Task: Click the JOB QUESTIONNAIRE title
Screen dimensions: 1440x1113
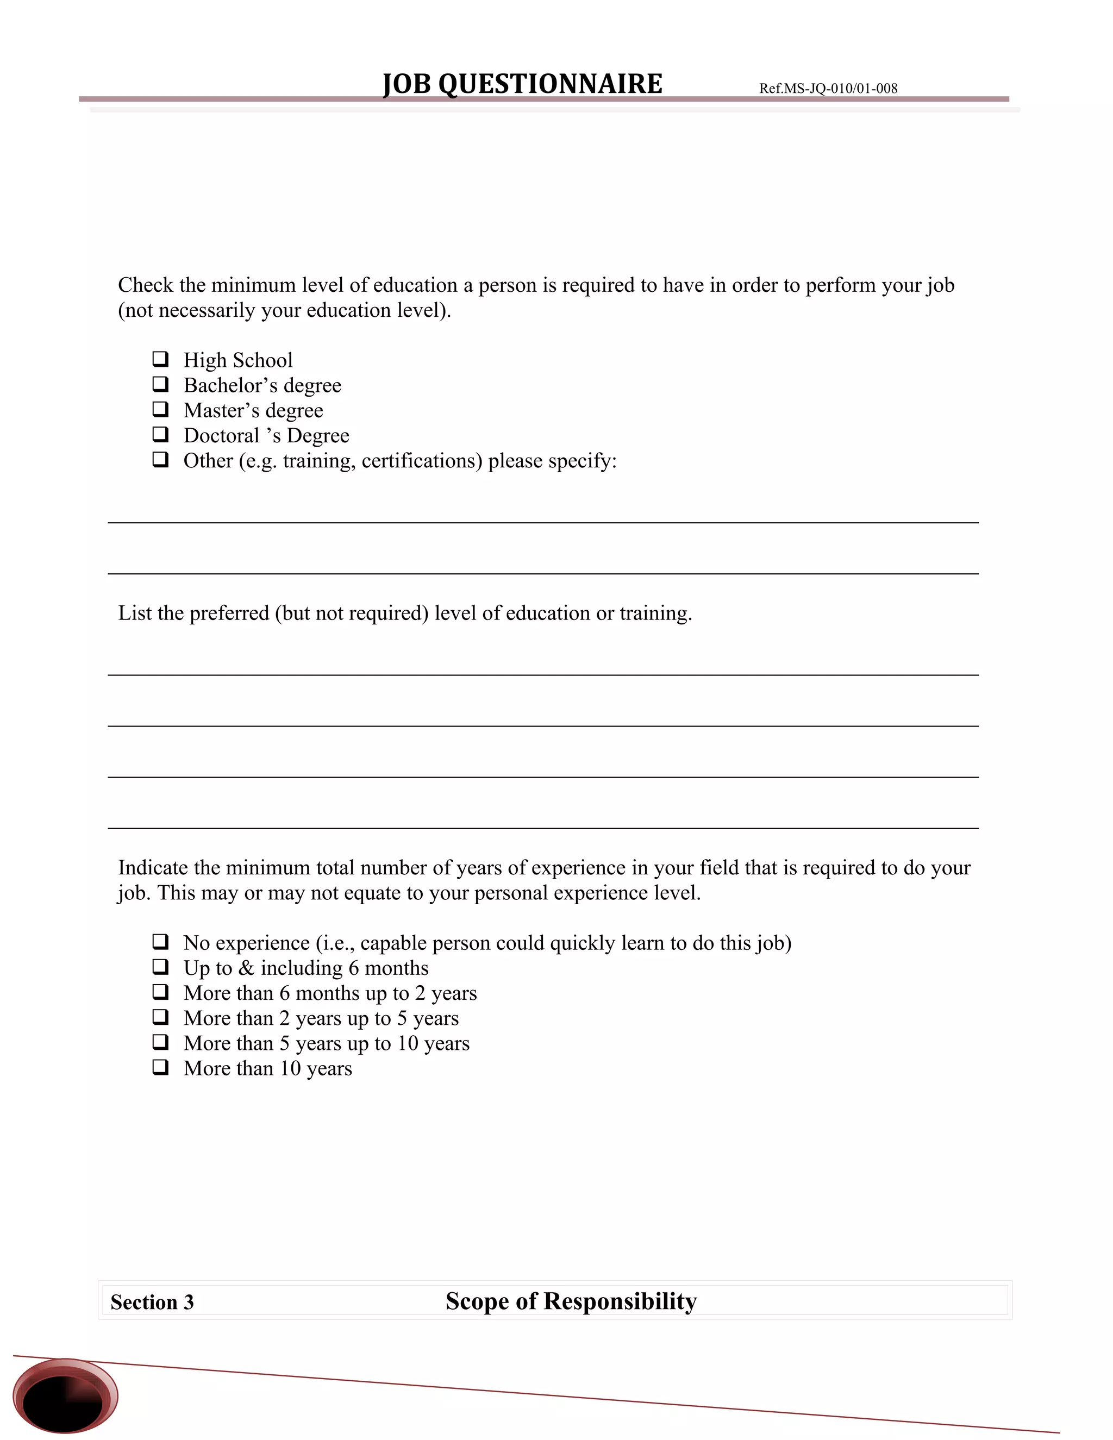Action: coord(522,84)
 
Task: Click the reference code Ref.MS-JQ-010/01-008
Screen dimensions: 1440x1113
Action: coord(828,89)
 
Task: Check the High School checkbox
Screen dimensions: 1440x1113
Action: coord(160,359)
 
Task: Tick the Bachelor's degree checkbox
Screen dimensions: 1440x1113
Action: coord(160,384)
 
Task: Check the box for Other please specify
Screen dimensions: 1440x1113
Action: coord(160,459)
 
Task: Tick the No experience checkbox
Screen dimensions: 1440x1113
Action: coord(160,942)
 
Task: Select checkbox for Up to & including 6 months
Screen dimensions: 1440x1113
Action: coord(160,967)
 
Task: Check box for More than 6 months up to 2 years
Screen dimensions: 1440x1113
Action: coord(160,992)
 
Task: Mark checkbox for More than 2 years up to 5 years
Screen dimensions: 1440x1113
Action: coord(160,1017)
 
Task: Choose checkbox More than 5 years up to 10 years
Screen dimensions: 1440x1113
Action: coord(160,1042)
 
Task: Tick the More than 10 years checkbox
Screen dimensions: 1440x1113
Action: coord(160,1067)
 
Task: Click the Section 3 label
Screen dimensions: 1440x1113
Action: coord(152,1302)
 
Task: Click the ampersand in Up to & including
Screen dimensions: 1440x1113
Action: coord(246,968)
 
